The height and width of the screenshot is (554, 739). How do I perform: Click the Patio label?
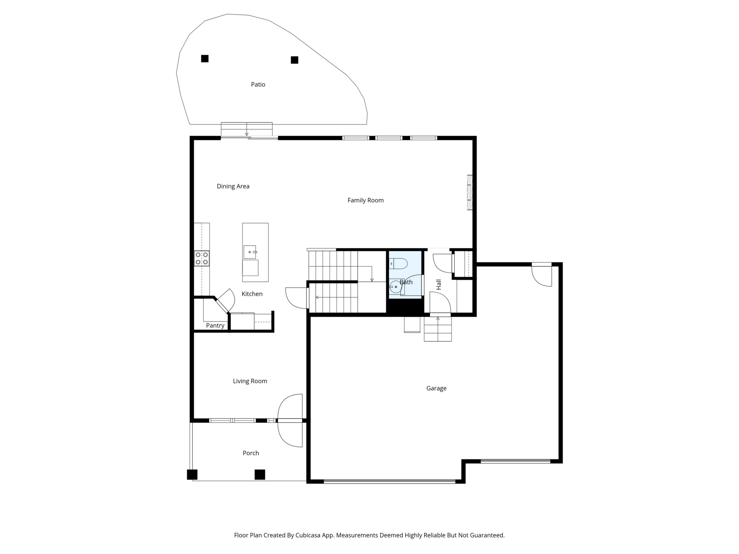point(258,84)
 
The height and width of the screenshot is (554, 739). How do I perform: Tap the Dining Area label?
point(233,186)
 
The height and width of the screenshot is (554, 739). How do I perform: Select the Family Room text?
point(365,200)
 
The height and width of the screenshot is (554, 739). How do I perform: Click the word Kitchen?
point(252,294)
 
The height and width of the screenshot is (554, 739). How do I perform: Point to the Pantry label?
point(215,326)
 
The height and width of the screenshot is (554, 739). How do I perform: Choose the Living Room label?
point(250,381)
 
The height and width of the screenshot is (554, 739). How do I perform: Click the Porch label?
point(250,453)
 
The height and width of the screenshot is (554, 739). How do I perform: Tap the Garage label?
point(436,388)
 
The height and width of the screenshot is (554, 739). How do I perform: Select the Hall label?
point(439,284)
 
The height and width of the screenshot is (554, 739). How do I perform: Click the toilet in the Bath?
point(398,264)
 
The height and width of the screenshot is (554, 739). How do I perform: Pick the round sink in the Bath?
point(396,286)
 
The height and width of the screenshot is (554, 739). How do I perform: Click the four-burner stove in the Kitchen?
point(202,258)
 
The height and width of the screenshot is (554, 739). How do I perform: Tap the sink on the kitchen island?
point(250,252)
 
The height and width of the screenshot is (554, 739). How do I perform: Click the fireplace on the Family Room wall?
point(470,193)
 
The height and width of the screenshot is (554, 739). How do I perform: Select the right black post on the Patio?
point(294,60)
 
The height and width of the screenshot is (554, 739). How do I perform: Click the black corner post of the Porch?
point(192,474)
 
